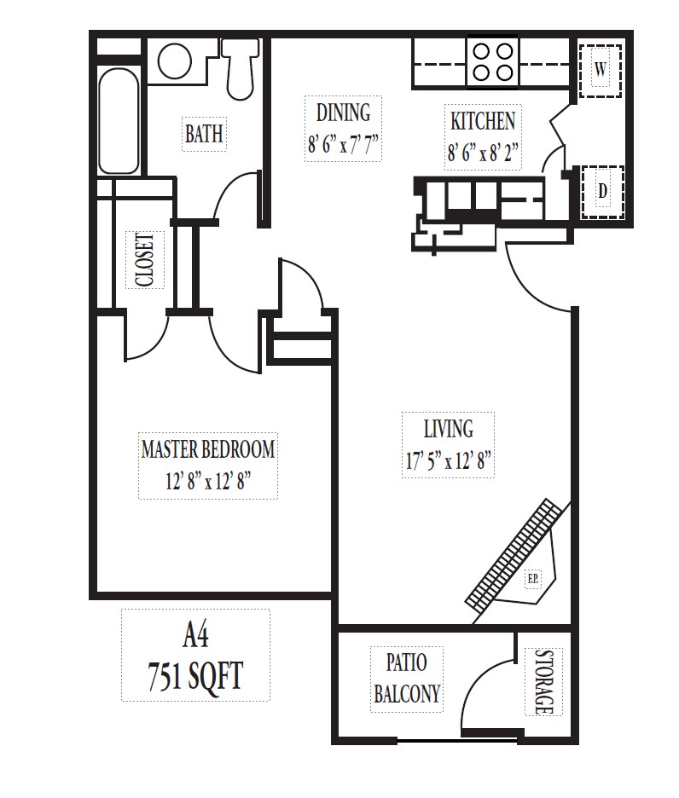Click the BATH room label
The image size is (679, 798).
coord(204,134)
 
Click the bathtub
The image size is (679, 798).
coord(119,122)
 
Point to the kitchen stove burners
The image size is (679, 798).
coord(492,61)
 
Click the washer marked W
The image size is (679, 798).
coord(601,70)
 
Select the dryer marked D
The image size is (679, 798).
coord(602,192)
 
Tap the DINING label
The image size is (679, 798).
coord(343,113)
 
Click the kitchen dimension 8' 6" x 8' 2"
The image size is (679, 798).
coord(484,153)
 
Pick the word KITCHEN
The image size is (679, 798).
coord(483,120)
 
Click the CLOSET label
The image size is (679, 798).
coord(144,259)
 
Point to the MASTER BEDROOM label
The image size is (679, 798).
coord(208,448)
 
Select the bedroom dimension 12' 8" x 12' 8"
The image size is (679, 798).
coord(208,483)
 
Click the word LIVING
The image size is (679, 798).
coord(448,427)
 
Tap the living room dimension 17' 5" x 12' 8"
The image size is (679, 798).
coord(449,462)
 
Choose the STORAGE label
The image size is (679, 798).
coord(544,682)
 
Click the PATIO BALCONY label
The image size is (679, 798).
coord(407,678)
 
